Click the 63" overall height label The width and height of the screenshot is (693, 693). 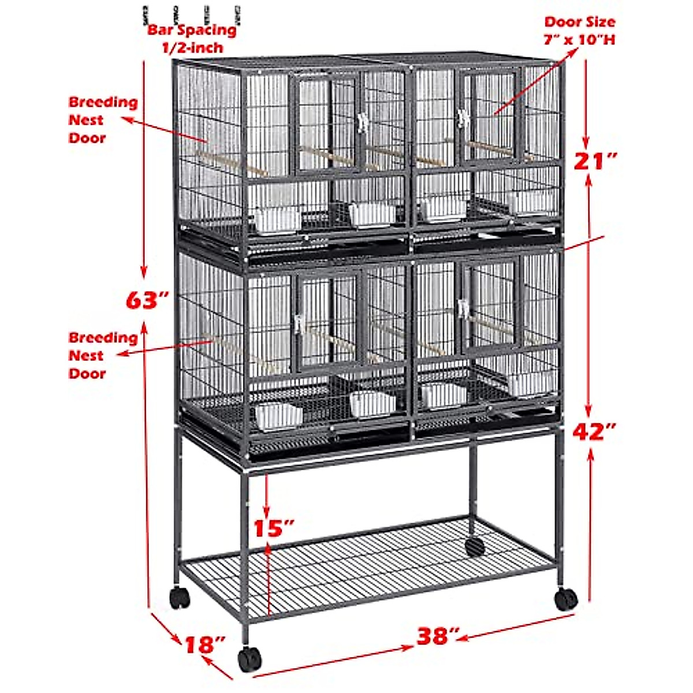pos(147,300)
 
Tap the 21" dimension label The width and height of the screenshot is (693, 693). pos(595,161)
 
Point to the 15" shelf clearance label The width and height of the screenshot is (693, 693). pos(274,528)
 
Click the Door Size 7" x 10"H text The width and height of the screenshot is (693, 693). pos(579,31)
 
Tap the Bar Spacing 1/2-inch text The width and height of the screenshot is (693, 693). pos(192,38)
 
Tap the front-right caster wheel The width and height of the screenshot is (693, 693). pos(566,599)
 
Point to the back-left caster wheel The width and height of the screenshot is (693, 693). pos(180,597)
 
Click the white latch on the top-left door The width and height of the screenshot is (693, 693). pos(363,123)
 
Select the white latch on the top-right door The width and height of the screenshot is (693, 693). pos(462,119)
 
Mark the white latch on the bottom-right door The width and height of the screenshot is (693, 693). pos(463,308)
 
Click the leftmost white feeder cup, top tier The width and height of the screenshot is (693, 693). pos(278,221)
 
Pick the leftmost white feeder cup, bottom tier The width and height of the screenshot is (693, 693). pos(278,416)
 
